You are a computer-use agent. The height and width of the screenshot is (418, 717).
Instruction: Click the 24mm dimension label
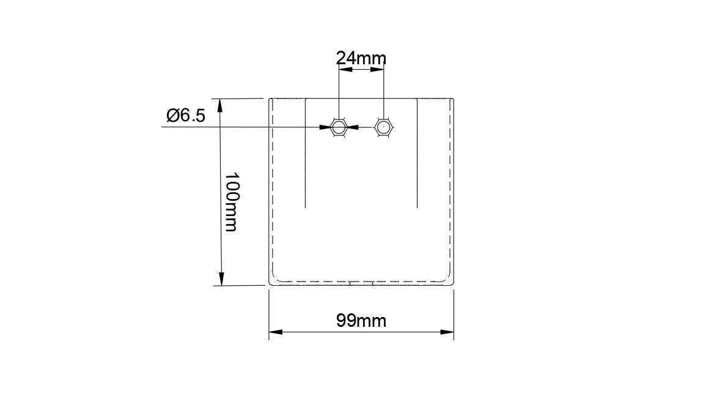pyautogui.click(x=361, y=58)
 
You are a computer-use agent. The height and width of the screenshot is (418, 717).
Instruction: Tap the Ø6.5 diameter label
pyautogui.click(x=186, y=116)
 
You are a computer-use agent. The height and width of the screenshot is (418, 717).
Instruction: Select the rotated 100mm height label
pyautogui.click(x=231, y=202)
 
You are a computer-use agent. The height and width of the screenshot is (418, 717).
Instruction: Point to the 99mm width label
pyautogui.click(x=361, y=321)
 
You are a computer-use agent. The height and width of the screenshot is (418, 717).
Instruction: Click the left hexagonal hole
pyautogui.click(x=339, y=127)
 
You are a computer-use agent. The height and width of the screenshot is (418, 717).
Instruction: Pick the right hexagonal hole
pyautogui.click(x=384, y=127)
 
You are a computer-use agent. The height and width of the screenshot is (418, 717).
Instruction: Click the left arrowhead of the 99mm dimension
pyautogui.click(x=275, y=332)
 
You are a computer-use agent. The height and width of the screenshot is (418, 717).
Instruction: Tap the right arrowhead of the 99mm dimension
pyautogui.click(x=447, y=332)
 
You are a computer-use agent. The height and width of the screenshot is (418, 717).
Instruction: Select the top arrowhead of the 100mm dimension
pyautogui.click(x=221, y=106)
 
